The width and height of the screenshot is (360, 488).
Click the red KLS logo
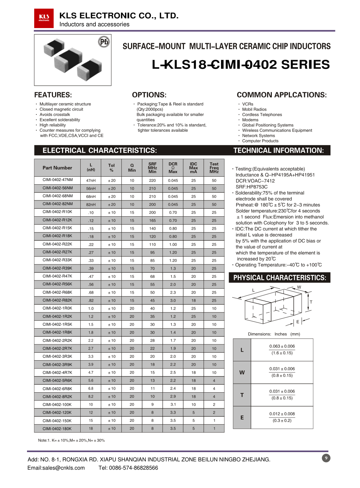pyautogui.click(x=44, y=18)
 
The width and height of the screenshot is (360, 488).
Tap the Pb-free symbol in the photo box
pyautogui.click(x=104, y=42)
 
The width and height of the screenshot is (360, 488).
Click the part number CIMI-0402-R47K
pyautogui.click(x=57, y=276)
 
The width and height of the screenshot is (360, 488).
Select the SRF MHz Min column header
pyautogui.click(x=152, y=168)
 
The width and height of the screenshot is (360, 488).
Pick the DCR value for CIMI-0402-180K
pyautogui.click(x=173, y=429)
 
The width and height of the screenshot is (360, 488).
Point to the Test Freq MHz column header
pyautogui.click(x=214, y=168)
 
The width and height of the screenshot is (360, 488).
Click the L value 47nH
pyautogui.click(x=91, y=180)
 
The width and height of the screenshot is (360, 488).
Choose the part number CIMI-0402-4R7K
pyautogui.click(x=57, y=372)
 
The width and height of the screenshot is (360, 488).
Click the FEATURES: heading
pyautogui.click(x=53, y=95)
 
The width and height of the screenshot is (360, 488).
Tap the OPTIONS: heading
pyautogui.click(x=149, y=95)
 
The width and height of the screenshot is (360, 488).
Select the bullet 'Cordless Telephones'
pyautogui.click(x=262, y=115)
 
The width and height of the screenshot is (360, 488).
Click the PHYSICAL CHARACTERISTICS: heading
pyautogui.click(x=280, y=278)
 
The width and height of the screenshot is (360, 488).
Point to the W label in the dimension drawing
pyautogui.click(x=299, y=287)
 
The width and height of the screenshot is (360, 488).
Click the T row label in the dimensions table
pyautogui.click(x=242, y=395)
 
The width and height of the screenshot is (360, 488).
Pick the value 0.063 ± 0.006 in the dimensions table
pyautogui.click(x=282, y=346)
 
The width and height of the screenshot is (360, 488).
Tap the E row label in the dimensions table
pyautogui.click(x=242, y=417)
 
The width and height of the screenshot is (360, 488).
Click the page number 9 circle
pyautogui.click(x=326, y=458)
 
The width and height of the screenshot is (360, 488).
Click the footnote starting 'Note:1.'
pyautogui.click(x=71, y=440)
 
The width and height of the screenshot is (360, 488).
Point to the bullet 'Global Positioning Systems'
pyautogui.click(x=267, y=125)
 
